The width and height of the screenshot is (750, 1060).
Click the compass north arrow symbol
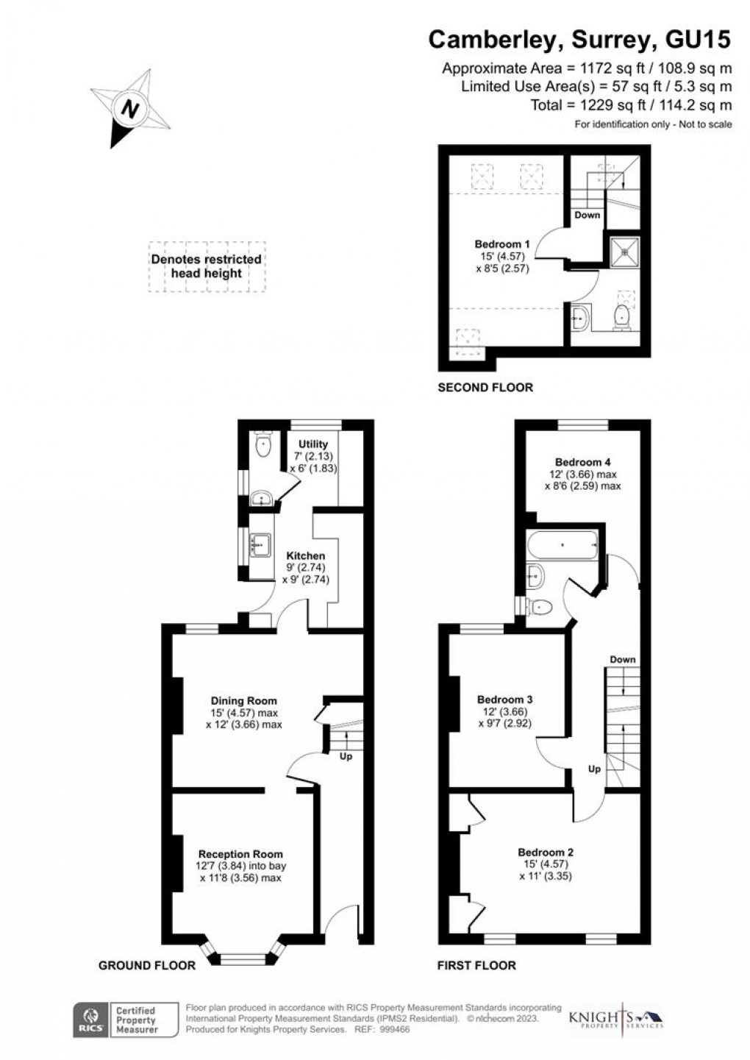[131, 109]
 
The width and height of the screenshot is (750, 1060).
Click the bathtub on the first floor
[562, 546]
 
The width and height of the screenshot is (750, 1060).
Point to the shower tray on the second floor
[626, 251]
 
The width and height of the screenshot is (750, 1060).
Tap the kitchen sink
[260, 545]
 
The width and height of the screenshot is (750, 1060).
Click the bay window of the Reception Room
[243, 958]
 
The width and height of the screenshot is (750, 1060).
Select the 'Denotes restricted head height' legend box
[207, 266]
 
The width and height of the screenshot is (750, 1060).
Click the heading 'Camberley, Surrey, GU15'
[579, 40]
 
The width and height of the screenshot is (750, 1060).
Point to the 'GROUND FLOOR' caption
[147, 965]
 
